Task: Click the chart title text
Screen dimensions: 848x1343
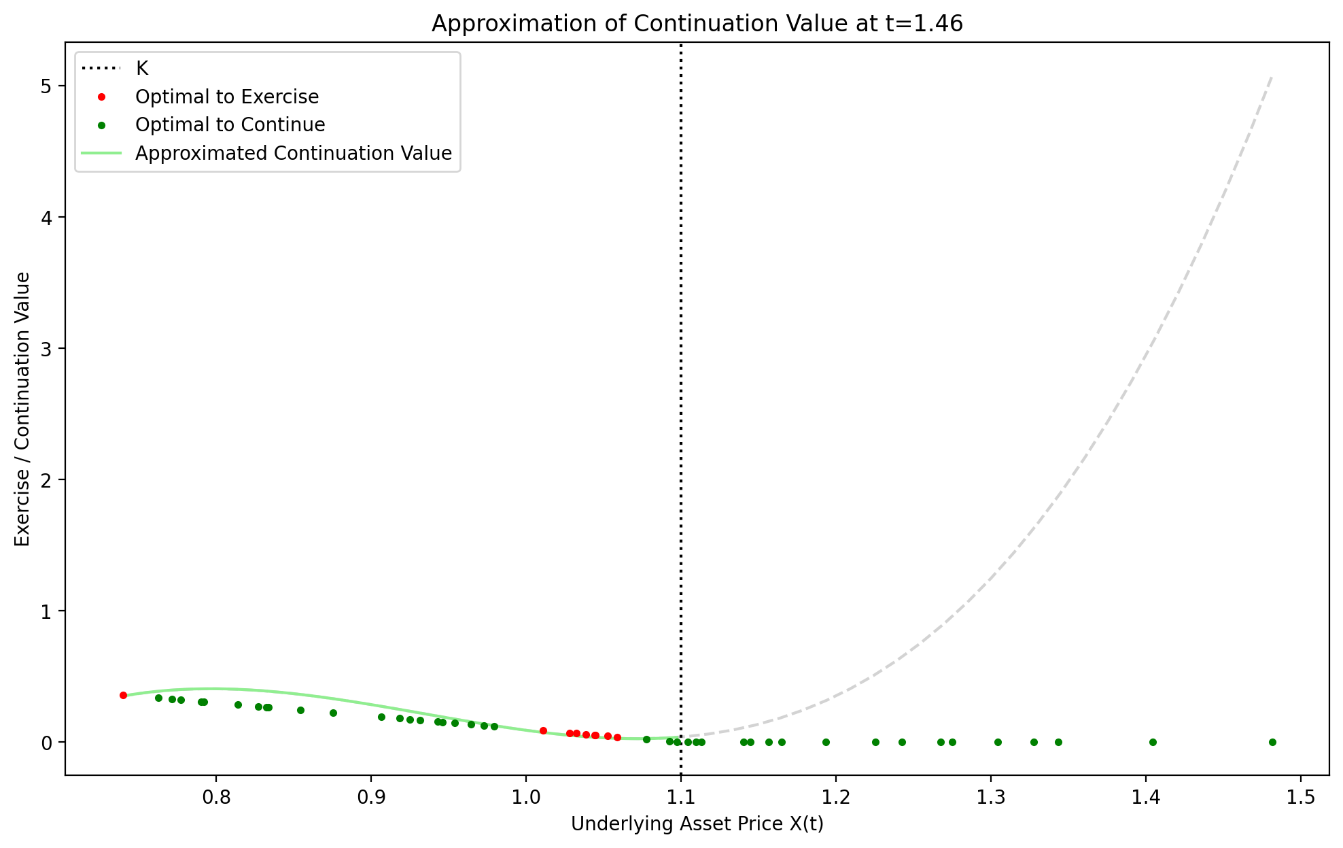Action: (697, 24)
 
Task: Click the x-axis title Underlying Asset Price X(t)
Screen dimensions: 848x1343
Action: (697, 824)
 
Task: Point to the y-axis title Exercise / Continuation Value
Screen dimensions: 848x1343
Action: (22, 409)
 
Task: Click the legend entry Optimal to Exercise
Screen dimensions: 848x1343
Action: (227, 97)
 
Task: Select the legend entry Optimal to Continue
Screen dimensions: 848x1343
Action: (230, 125)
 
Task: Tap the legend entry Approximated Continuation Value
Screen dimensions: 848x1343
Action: (293, 154)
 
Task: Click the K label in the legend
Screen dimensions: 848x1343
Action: (142, 69)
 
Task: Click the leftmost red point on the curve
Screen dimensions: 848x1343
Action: (123, 695)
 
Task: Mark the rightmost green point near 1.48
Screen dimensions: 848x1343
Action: (1272, 742)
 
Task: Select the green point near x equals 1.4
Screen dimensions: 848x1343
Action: (1153, 742)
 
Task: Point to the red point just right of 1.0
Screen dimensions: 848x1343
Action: (543, 730)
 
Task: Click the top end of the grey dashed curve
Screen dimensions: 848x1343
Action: (1272, 77)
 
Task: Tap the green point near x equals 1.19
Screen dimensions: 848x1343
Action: (826, 742)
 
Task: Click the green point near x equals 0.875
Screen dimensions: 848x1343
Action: (333, 713)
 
